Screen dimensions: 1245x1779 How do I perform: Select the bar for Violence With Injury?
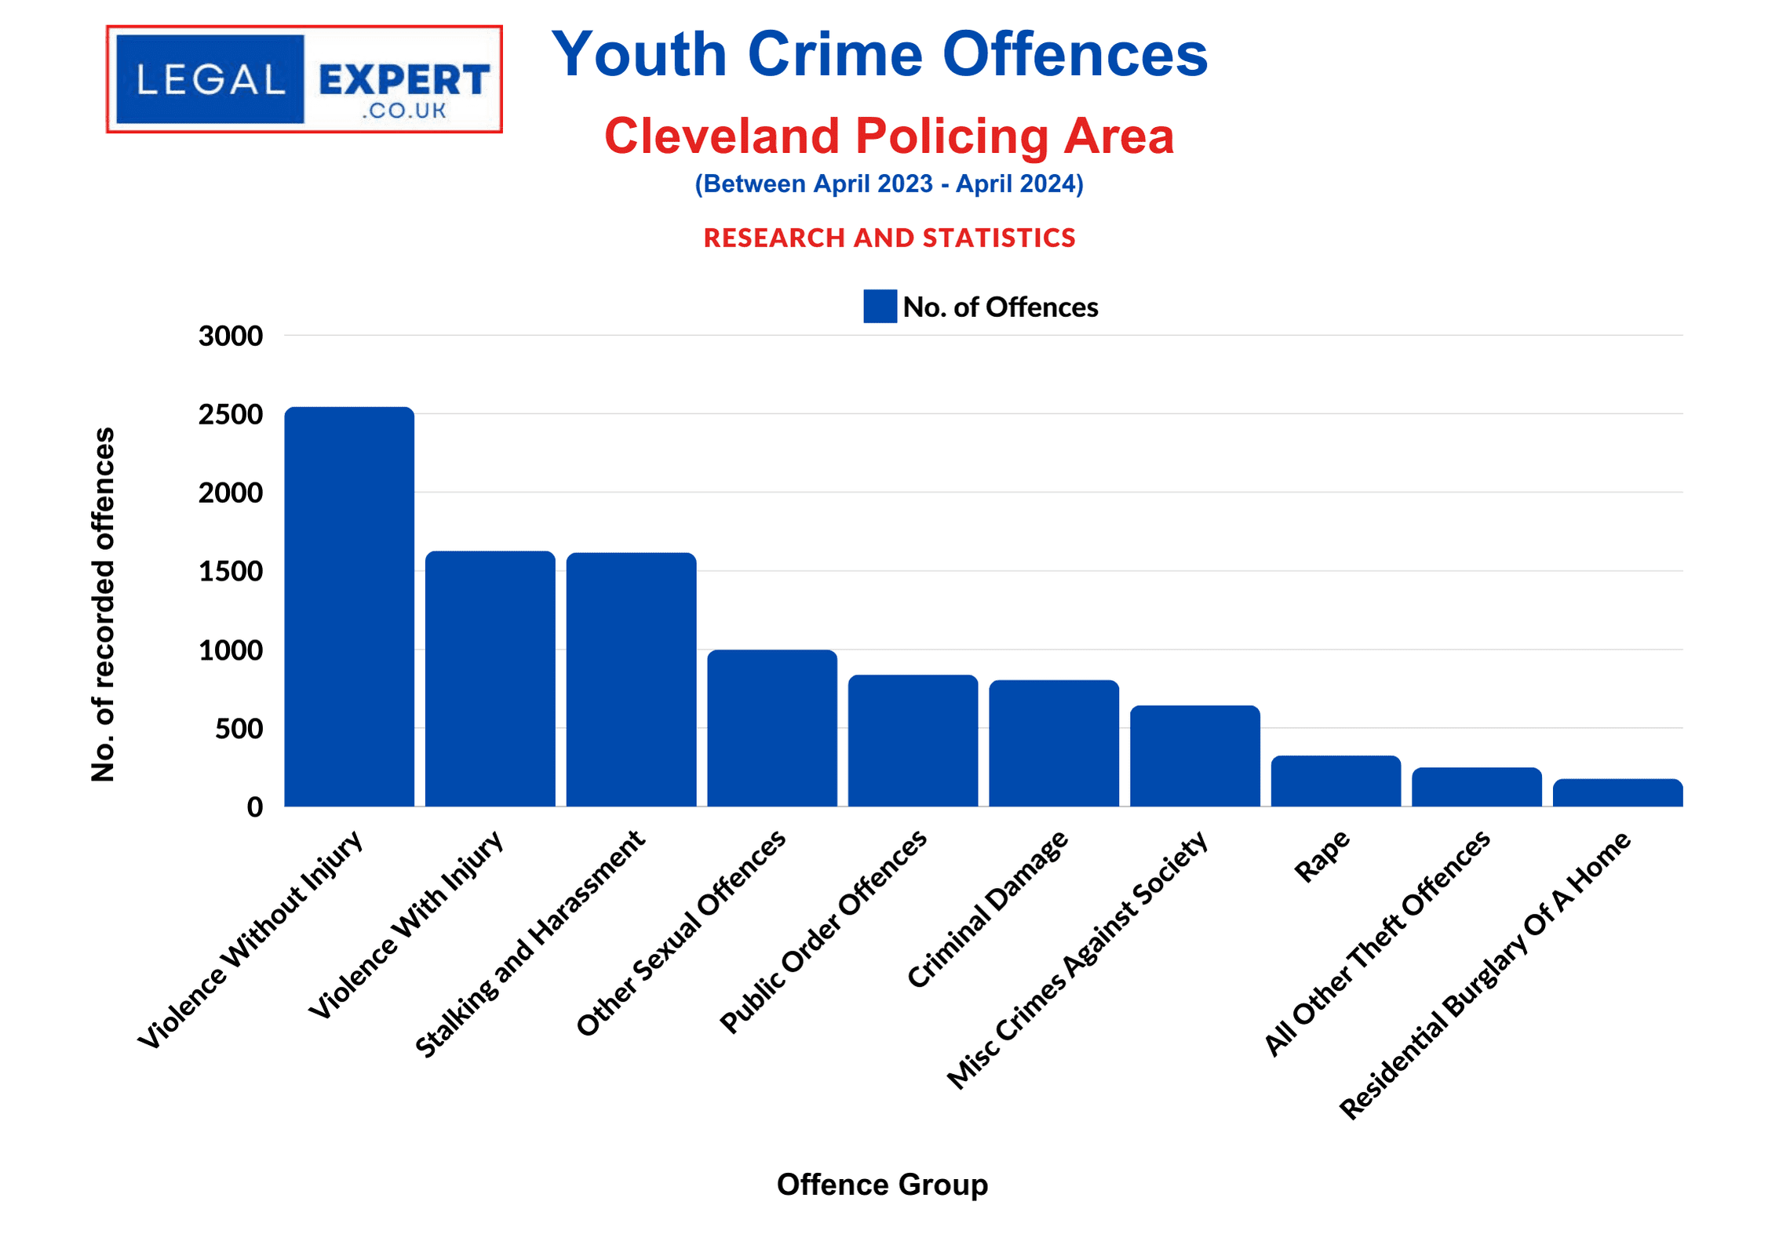click(490, 679)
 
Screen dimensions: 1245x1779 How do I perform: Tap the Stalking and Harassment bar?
click(631, 679)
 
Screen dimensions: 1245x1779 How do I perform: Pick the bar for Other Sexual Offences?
click(772, 728)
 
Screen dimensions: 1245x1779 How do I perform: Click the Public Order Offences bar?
click(913, 741)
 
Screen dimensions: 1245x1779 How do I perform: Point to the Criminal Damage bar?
click(1054, 743)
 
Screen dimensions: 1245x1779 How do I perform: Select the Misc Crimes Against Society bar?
click(1194, 755)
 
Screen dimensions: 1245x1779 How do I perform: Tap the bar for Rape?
click(1336, 781)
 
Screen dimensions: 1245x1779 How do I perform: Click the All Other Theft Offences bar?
click(1476, 787)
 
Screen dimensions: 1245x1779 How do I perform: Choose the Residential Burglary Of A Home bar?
click(1617, 792)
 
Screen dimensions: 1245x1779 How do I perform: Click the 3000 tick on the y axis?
click(231, 336)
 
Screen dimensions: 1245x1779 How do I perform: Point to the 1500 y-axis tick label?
click(231, 571)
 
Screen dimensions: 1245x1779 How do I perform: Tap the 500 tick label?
click(239, 729)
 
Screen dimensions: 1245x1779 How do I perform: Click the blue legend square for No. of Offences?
click(880, 306)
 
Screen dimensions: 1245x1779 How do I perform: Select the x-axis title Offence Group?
click(882, 1184)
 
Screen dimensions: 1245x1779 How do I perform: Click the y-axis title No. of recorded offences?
click(104, 604)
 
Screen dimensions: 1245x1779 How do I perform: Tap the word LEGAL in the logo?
click(210, 80)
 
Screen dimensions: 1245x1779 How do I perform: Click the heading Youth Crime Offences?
click(880, 55)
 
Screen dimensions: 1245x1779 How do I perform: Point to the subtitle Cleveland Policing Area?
click(888, 137)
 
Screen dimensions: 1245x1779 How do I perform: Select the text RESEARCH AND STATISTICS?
click(889, 238)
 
